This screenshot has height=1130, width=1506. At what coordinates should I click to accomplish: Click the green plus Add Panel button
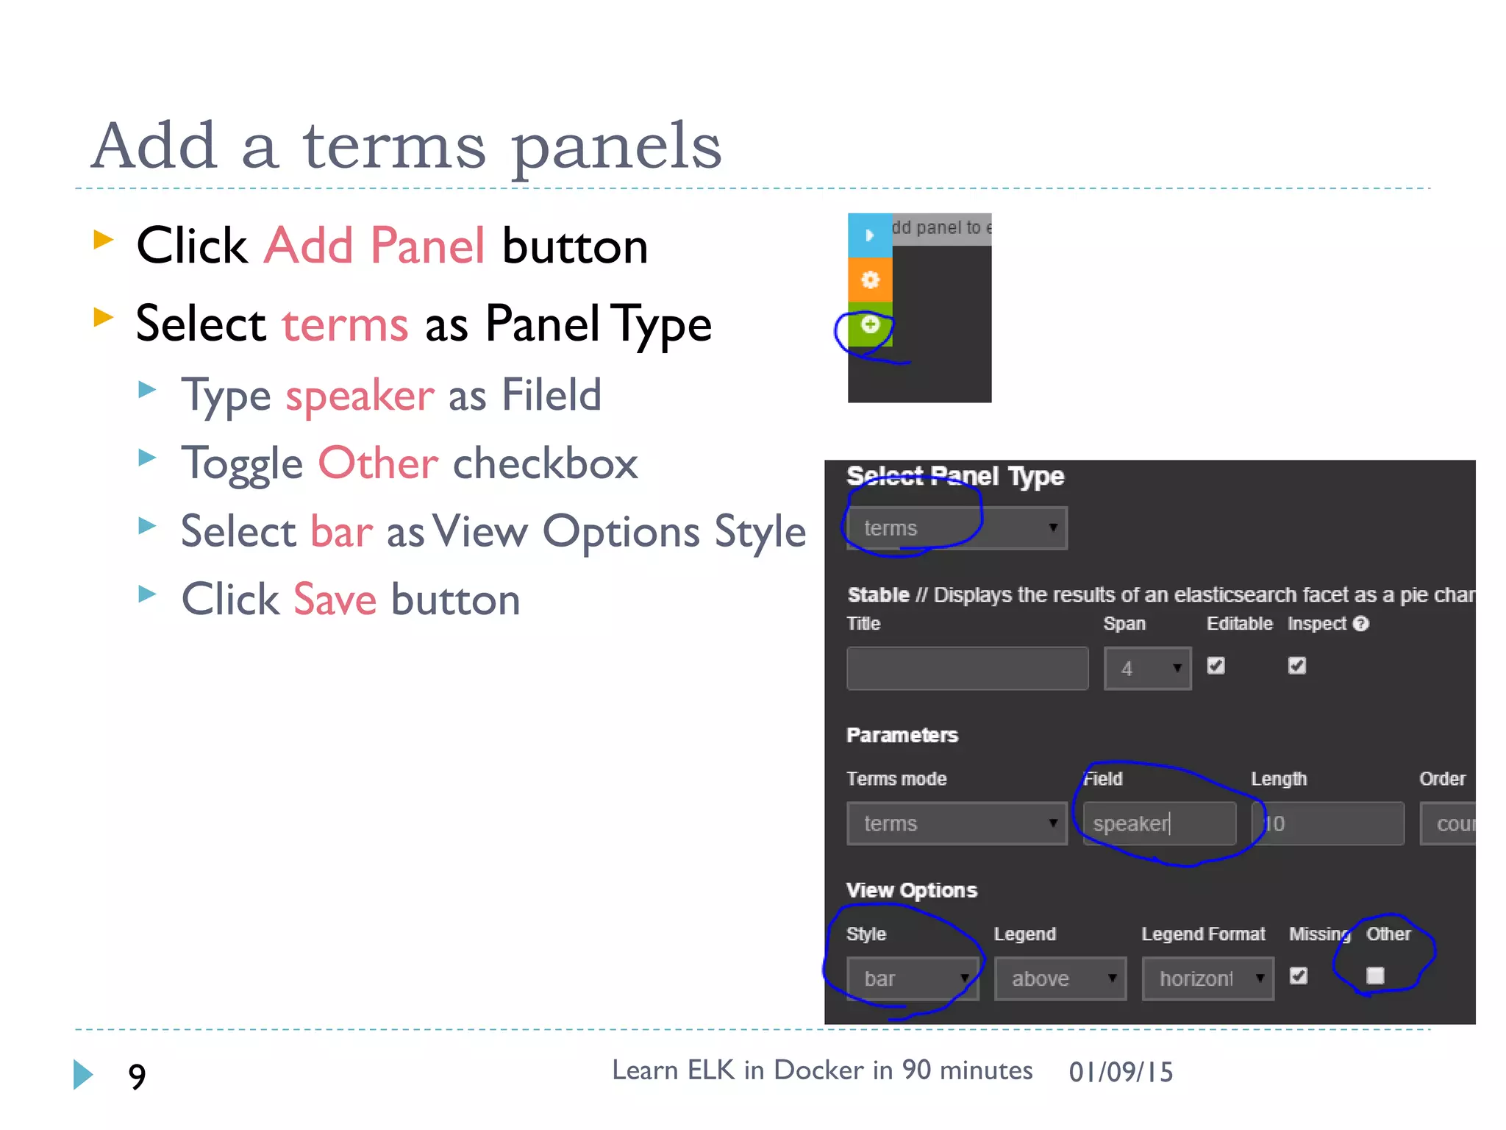(x=870, y=324)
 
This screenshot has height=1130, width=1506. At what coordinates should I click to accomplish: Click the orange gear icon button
(x=870, y=280)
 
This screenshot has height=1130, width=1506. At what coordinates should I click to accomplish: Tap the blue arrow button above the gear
(x=870, y=235)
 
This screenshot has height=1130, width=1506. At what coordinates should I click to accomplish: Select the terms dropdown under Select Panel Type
(x=956, y=528)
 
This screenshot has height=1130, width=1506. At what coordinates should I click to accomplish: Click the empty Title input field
(x=967, y=668)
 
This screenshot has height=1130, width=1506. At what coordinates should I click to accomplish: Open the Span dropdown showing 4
(x=1147, y=668)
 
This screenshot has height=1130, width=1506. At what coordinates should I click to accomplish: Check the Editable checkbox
(x=1216, y=666)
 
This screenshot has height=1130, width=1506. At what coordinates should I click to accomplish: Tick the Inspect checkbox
(x=1297, y=666)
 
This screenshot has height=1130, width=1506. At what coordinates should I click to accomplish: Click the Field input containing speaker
(x=1159, y=823)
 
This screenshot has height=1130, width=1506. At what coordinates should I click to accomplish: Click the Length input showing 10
(x=1327, y=823)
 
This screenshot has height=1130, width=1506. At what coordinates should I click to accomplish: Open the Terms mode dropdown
(x=956, y=823)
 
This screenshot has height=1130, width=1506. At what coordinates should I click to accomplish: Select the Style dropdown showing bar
(x=912, y=978)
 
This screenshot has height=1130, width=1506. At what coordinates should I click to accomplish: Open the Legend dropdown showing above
(x=1060, y=978)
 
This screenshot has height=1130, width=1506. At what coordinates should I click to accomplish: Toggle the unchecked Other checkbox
(x=1375, y=976)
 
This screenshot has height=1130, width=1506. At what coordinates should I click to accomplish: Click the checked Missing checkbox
(x=1299, y=976)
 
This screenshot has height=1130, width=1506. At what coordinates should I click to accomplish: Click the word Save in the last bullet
(x=335, y=600)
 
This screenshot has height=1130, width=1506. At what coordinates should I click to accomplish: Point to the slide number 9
(x=137, y=1076)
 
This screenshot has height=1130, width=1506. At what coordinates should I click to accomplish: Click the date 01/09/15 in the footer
(x=1121, y=1072)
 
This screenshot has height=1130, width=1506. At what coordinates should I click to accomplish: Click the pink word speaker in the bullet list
(x=360, y=396)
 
